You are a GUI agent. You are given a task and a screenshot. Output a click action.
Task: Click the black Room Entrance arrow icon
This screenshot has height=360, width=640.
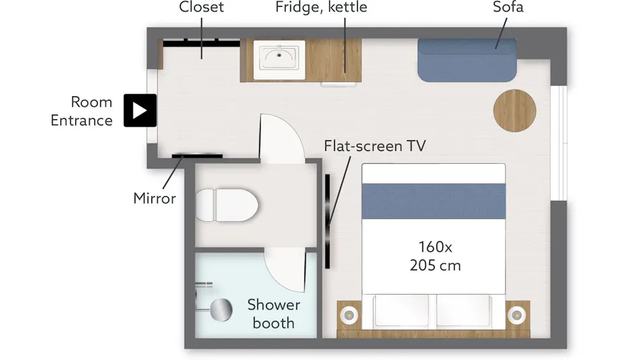pyautogui.click(x=140, y=111)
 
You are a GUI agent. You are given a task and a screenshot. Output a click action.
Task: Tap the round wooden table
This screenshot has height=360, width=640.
pyautogui.click(x=515, y=111)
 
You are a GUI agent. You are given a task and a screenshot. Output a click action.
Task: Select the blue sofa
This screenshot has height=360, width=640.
pyautogui.click(x=467, y=60)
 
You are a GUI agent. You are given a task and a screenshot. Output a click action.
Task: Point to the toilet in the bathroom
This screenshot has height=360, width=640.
pyautogui.click(x=226, y=205)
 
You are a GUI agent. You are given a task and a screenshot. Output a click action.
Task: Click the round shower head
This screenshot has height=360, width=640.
pyautogui.click(x=221, y=309)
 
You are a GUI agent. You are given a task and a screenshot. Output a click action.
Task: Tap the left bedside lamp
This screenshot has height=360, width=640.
pyautogui.click(x=349, y=315)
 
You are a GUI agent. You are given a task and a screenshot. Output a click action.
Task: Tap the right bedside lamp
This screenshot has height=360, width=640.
pyautogui.click(x=517, y=315)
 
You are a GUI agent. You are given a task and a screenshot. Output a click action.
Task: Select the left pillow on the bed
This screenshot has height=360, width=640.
pyautogui.click(x=402, y=311)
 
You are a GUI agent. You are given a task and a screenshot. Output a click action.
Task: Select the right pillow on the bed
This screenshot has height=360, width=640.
pyautogui.click(x=463, y=311)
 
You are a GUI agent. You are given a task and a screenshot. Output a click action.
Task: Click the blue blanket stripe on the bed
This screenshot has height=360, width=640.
pyautogui.click(x=433, y=201)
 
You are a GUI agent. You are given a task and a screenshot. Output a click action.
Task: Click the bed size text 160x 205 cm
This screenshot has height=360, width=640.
pyautogui.click(x=435, y=256)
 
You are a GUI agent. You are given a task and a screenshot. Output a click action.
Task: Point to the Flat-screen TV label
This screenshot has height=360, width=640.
pyautogui.click(x=375, y=146)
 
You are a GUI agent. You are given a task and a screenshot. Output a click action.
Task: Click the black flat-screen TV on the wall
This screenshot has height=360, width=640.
pyautogui.click(x=327, y=222)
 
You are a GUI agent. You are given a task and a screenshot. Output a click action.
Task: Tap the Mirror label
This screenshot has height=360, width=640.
pyautogui.click(x=154, y=198)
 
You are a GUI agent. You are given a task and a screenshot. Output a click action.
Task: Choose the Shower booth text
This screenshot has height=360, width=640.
pyautogui.click(x=274, y=314)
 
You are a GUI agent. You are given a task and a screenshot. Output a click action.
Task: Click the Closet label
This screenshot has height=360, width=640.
pyautogui.click(x=201, y=7)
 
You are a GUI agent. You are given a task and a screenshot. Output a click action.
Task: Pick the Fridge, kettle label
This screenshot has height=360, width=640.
pyautogui.click(x=321, y=7)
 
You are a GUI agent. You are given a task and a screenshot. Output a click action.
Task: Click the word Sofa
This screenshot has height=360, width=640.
pyautogui.click(x=508, y=7)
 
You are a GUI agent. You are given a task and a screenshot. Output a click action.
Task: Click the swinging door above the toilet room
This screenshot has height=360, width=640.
pyautogui.click(x=282, y=139)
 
